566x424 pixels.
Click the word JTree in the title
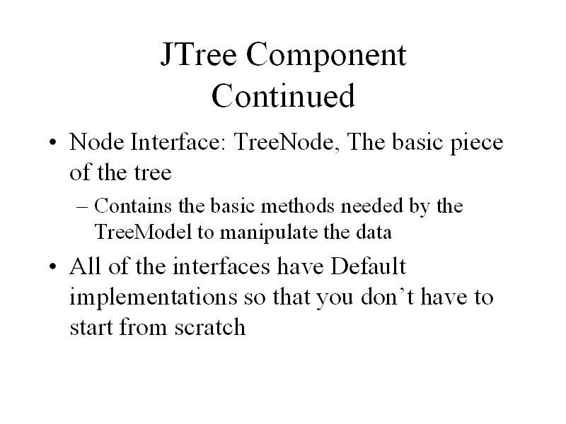click(199, 54)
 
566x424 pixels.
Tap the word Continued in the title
click(284, 95)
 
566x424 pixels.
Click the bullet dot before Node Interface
click(52, 142)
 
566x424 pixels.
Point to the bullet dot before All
click(52, 267)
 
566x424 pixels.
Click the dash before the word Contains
click(82, 206)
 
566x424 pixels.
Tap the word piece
click(476, 144)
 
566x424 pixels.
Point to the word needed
click(371, 206)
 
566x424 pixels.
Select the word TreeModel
click(143, 232)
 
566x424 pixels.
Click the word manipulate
click(269, 233)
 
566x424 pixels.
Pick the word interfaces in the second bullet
click(221, 266)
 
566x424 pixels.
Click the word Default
click(368, 266)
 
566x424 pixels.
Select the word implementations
click(154, 298)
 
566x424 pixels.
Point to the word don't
click(387, 297)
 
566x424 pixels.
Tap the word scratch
click(210, 327)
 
